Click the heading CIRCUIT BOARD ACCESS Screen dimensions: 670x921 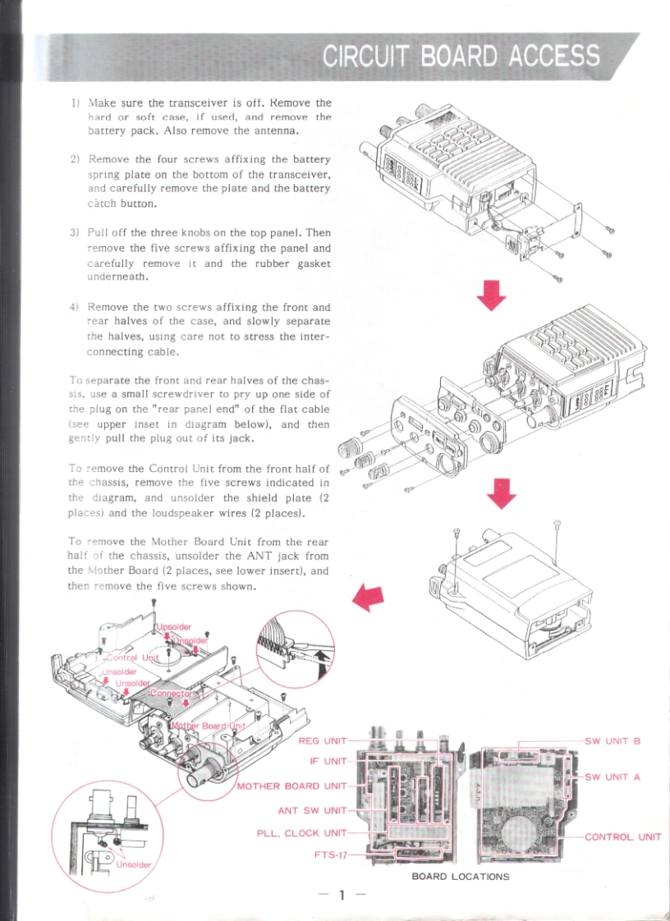(461, 56)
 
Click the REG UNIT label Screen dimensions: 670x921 (322, 740)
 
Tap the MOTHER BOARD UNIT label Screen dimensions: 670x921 (291, 786)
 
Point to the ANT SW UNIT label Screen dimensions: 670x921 (312, 810)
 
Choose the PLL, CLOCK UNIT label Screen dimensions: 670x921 (301, 833)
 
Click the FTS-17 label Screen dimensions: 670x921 (330, 855)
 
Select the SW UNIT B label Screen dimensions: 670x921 (612, 740)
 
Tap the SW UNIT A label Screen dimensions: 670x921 (612, 777)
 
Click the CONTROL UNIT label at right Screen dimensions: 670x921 (622, 837)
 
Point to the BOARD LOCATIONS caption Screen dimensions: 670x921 (460, 877)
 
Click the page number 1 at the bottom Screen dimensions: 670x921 (341, 894)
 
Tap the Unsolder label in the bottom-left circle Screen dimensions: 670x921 (134, 864)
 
